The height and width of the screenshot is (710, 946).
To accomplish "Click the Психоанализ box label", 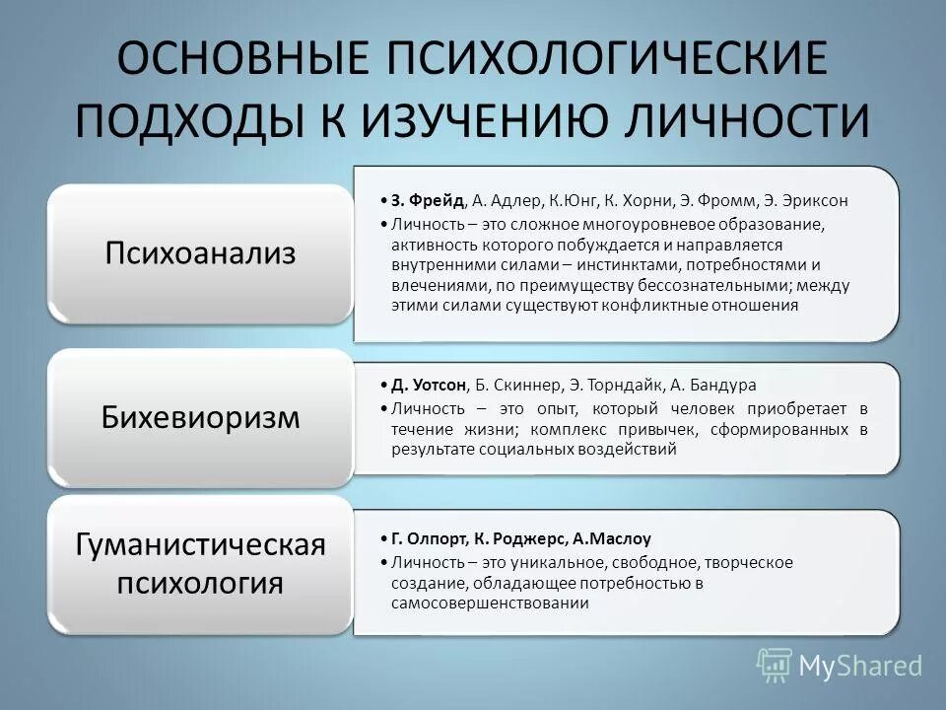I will tap(200, 253).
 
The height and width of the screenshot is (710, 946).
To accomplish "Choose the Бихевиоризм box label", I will tap(200, 417).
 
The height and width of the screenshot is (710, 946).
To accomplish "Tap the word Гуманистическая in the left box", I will tap(200, 544).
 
